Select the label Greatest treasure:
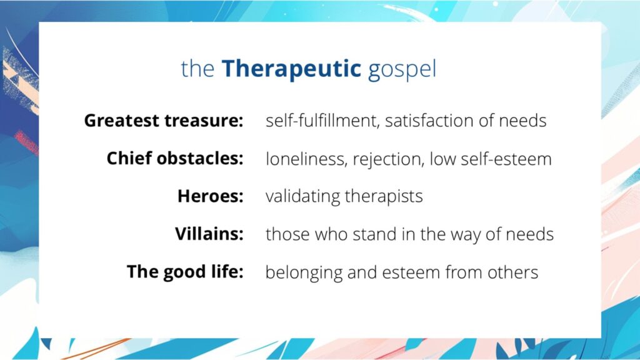point(163,121)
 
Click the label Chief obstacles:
point(174,159)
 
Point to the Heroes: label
point(210,196)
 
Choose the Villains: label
point(209,234)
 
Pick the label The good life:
point(185,272)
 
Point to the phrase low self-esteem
point(490,159)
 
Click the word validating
point(303,196)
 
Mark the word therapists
point(384,196)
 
